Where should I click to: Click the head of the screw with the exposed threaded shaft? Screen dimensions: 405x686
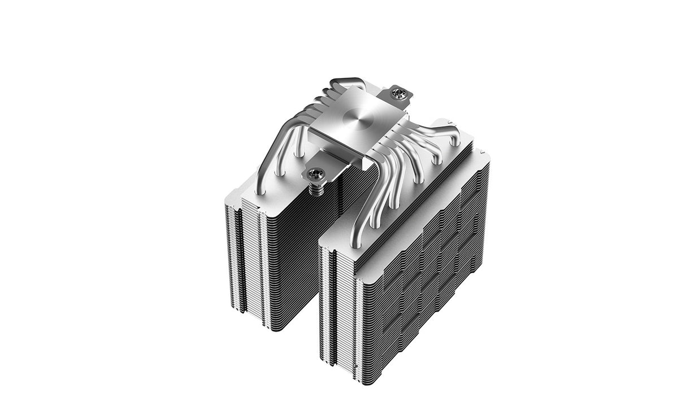pyautogui.click(x=315, y=172)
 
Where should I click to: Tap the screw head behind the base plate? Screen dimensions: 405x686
pyautogui.click(x=400, y=92)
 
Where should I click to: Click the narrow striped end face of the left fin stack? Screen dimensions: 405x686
pyautogui.click(x=246, y=260)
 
